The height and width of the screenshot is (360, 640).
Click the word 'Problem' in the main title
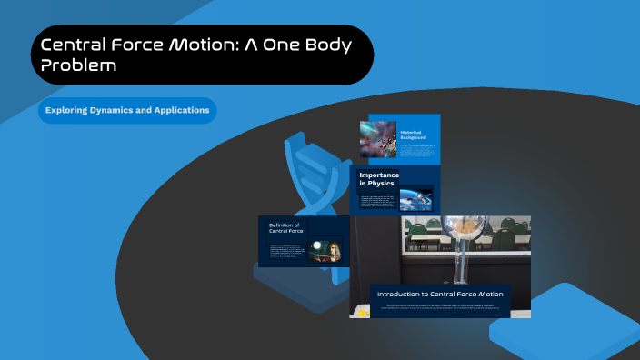click(79, 65)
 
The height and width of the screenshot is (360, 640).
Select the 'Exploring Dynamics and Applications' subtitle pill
click(127, 111)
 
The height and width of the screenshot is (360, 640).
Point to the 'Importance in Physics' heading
click(381, 179)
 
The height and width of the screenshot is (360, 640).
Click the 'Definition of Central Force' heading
click(284, 228)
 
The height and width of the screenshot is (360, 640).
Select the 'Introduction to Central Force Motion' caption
click(440, 294)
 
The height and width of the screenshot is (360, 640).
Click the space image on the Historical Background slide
click(378, 140)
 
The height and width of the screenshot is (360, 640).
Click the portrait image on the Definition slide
click(325, 251)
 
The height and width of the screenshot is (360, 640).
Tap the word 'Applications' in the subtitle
click(177, 111)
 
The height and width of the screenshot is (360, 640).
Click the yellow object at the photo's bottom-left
click(363, 313)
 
